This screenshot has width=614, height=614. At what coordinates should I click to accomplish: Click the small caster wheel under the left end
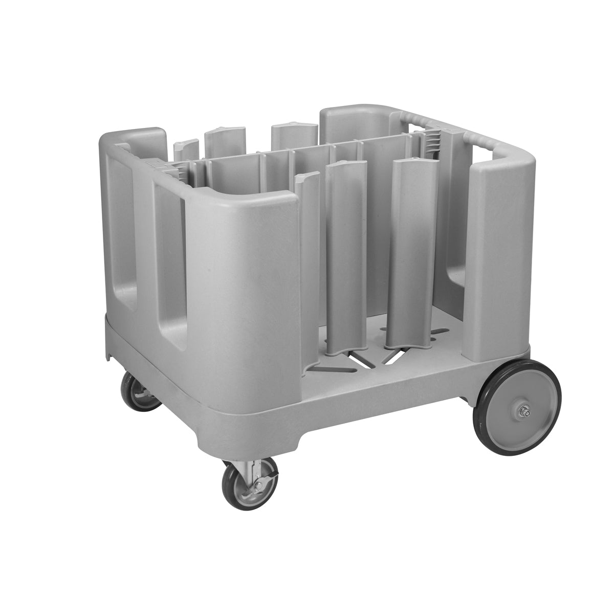[140, 392]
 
